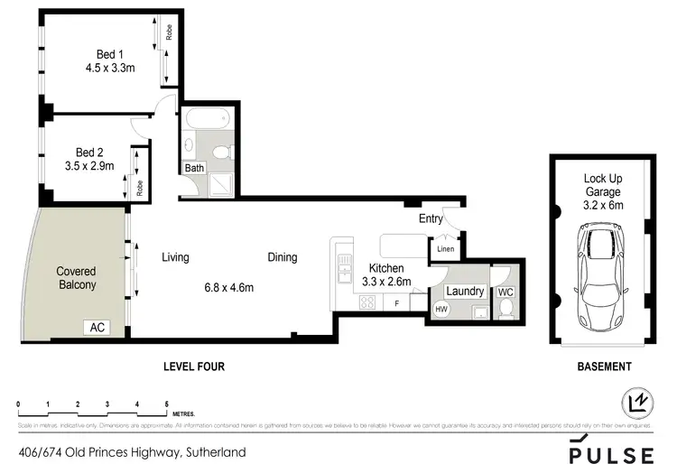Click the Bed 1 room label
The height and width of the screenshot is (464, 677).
pyautogui.click(x=109, y=51)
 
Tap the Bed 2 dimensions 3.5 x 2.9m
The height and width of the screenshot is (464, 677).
pyautogui.click(x=98, y=166)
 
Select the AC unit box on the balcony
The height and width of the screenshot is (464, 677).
pyautogui.click(x=97, y=327)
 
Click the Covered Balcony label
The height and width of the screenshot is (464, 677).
pyautogui.click(x=76, y=277)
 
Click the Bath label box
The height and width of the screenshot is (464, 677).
pyautogui.click(x=194, y=168)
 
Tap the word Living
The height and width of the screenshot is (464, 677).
pyautogui.click(x=175, y=257)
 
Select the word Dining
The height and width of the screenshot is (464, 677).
pyautogui.click(x=283, y=257)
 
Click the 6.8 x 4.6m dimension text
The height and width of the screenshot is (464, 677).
pyautogui.click(x=229, y=288)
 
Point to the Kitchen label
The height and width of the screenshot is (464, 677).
pyautogui.click(x=385, y=268)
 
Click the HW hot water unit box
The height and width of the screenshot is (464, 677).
pyautogui.click(x=441, y=309)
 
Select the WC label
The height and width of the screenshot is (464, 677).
pyautogui.click(x=505, y=292)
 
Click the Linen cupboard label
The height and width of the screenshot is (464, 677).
pyautogui.click(x=445, y=248)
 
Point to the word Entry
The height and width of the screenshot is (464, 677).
pyautogui.click(x=431, y=218)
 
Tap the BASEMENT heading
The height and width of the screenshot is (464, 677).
pyautogui.click(x=604, y=367)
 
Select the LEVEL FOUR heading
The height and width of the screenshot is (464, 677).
pyautogui.click(x=193, y=367)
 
